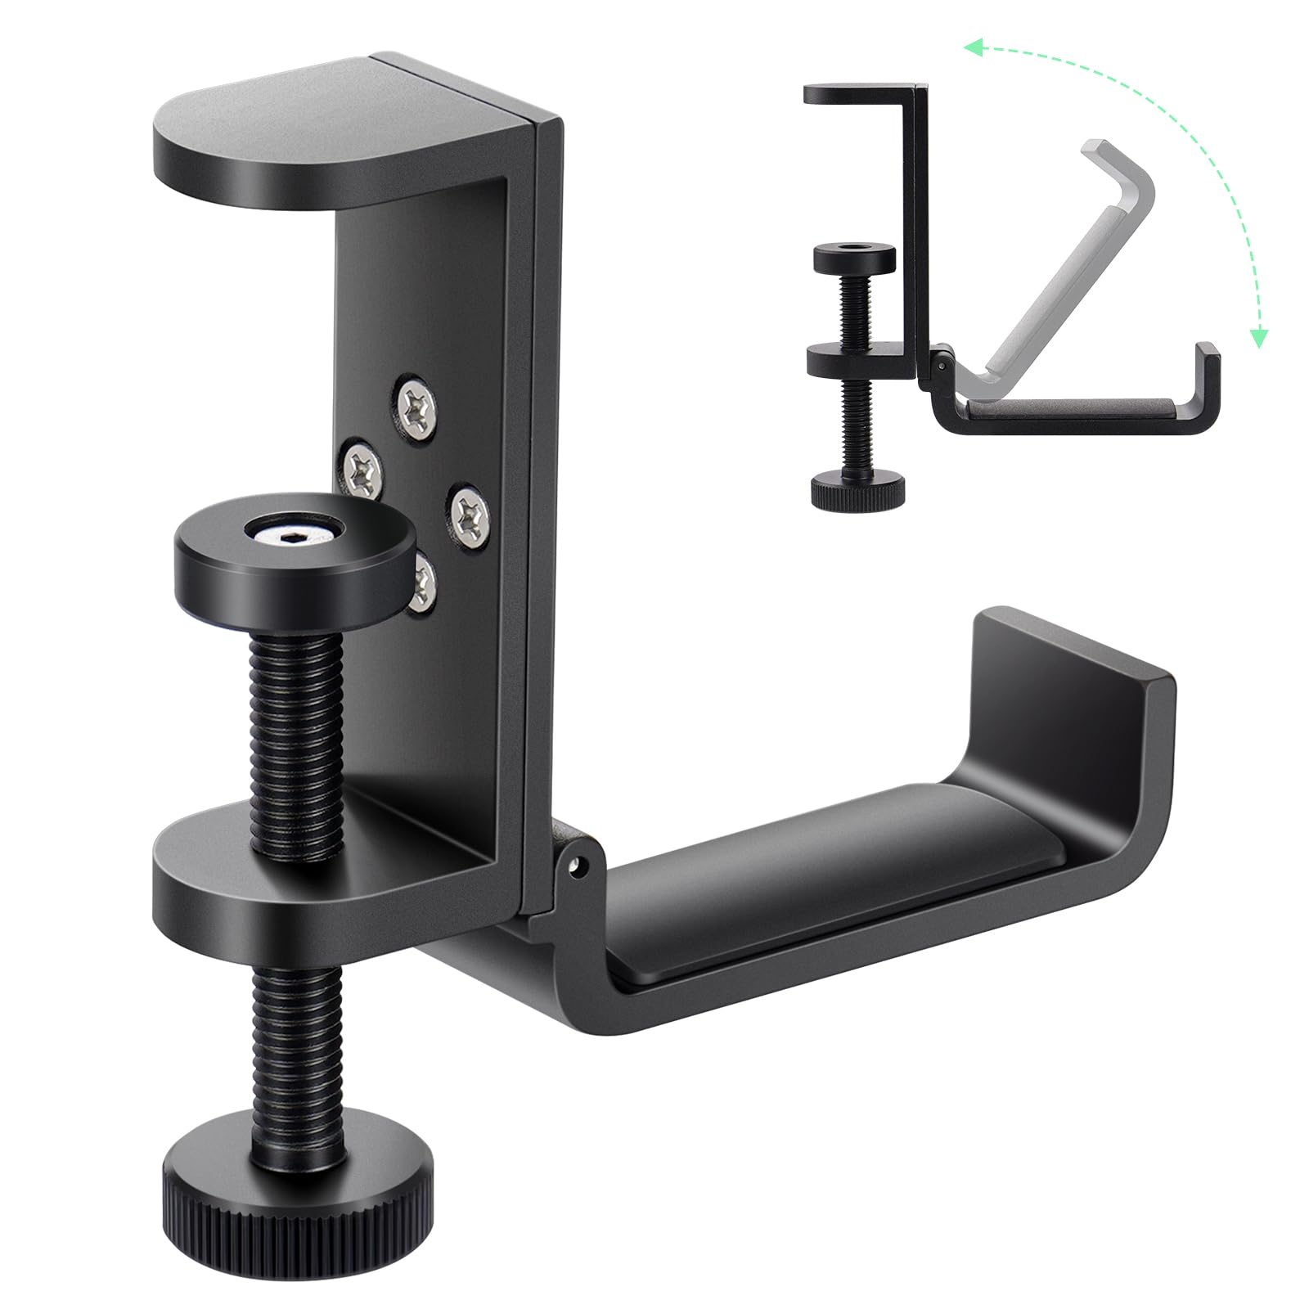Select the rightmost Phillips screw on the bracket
click(472, 513)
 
